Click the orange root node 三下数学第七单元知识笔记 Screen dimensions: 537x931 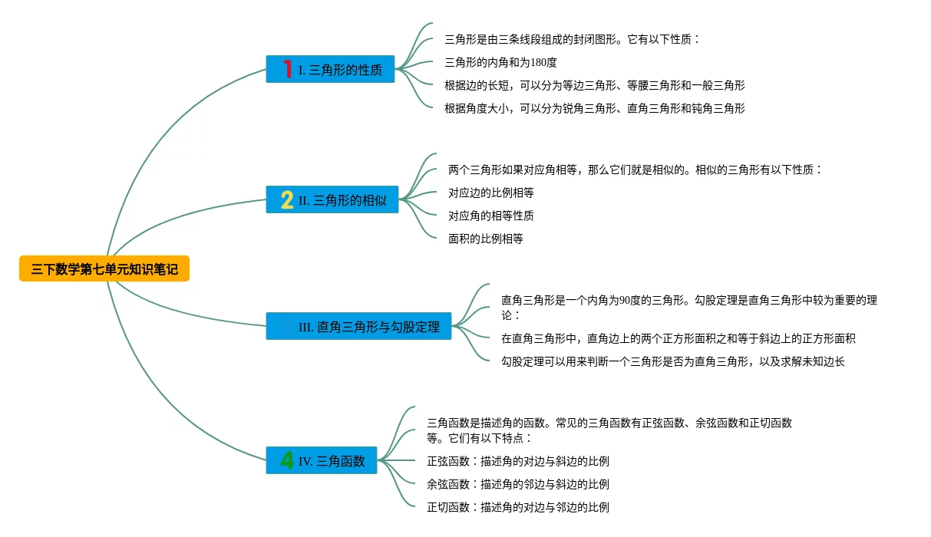(x=104, y=269)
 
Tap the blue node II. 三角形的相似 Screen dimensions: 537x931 (x=332, y=200)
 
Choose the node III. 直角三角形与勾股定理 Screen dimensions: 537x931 (x=359, y=327)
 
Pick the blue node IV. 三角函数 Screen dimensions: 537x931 (x=322, y=461)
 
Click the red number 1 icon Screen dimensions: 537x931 (x=287, y=69)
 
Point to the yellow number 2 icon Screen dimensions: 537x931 (x=287, y=200)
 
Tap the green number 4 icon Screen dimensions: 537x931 (x=287, y=460)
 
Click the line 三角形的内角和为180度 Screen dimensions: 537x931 (x=500, y=62)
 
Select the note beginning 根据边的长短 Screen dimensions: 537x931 (x=594, y=85)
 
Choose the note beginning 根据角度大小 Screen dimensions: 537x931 (x=594, y=108)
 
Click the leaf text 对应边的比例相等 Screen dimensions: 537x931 (x=490, y=193)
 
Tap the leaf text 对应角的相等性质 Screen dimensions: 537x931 (x=490, y=216)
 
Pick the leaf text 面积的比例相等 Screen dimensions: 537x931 (x=485, y=239)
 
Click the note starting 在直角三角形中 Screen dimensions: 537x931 (x=678, y=338)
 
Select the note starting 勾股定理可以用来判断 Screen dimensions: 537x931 (x=672, y=361)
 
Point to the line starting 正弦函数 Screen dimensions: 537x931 (x=517, y=461)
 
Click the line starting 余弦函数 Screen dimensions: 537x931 (x=517, y=484)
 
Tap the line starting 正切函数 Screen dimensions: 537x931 (x=517, y=507)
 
